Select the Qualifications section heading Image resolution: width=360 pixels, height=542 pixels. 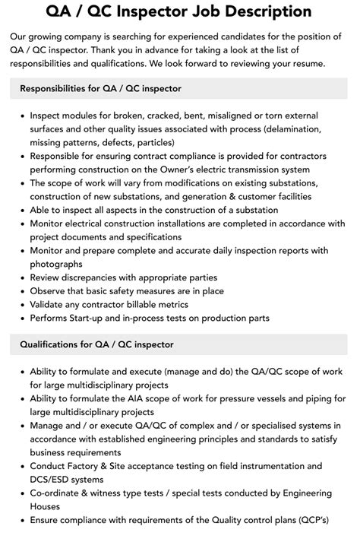point(97,344)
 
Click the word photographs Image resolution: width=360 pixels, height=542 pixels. point(56,264)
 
